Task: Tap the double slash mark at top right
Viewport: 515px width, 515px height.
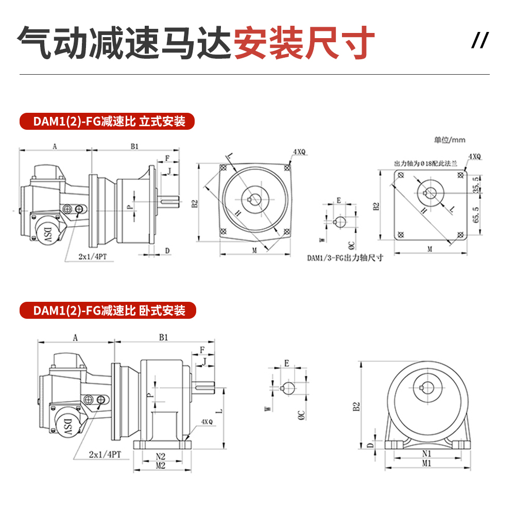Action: pos(479,41)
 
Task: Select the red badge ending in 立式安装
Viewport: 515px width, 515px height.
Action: pos(108,122)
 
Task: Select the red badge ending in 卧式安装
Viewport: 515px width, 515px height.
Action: pos(108,311)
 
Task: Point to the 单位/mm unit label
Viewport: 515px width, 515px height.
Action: pos(449,140)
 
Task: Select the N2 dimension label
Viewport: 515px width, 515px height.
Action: pos(160,456)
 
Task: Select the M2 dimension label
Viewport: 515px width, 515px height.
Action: pos(160,466)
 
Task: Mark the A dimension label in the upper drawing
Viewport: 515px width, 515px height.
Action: pos(55,146)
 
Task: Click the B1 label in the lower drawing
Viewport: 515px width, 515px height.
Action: pos(163,338)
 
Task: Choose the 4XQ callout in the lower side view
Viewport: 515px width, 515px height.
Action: pos(207,421)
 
